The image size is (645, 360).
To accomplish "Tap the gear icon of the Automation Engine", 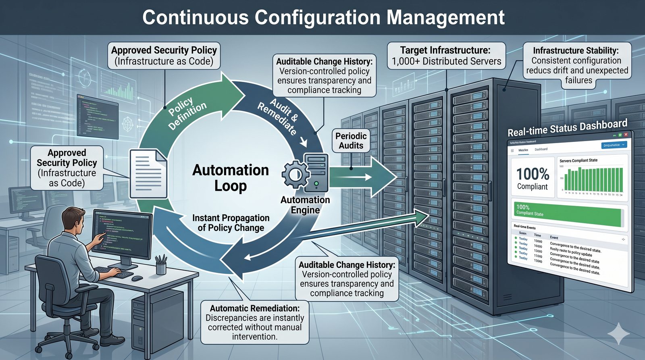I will tap(295, 174).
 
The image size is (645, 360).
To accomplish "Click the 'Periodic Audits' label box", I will tap(351, 141).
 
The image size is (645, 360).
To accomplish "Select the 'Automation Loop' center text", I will tap(231, 178).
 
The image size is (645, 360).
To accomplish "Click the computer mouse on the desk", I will tap(137, 278).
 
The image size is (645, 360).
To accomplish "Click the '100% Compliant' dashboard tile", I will tap(533, 178).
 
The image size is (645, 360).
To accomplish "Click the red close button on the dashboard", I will tap(626, 135).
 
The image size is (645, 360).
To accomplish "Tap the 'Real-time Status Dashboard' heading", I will tap(567, 127).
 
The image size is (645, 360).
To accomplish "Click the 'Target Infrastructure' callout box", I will tap(446, 56).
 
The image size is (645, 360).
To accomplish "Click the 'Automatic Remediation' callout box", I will tap(255, 322).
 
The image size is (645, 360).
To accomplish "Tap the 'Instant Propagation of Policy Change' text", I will tap(231, 223).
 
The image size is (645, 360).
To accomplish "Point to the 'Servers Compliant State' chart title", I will tap(578, 160).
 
